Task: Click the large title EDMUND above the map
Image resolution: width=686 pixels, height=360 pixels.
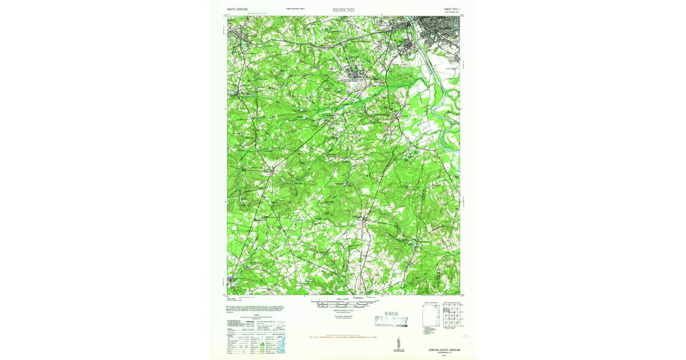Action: coord(343,9)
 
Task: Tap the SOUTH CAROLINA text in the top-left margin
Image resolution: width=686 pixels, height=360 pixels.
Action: coord(237,9)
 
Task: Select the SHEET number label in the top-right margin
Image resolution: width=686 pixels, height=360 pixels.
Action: coord(448,9)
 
